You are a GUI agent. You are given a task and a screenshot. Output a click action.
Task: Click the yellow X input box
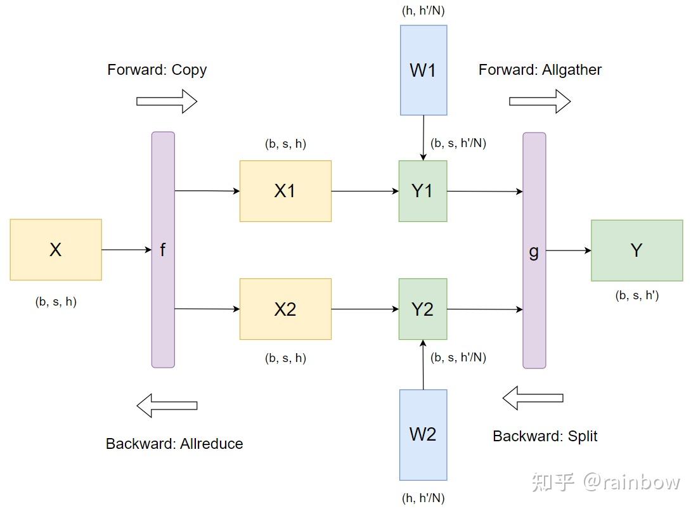pos(56,250)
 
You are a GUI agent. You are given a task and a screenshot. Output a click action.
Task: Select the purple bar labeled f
pos(163,250)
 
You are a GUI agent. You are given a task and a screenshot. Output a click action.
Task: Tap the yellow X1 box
pos(285,191)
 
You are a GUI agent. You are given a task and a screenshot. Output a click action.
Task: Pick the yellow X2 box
pos(285,309)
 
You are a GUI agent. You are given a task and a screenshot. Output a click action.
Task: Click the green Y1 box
pos(423,191)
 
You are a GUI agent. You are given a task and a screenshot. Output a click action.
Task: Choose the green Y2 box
pos(423,309)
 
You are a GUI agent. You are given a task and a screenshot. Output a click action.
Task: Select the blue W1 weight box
pos(423,70)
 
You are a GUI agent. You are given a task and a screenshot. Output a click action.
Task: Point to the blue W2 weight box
pos(423,435)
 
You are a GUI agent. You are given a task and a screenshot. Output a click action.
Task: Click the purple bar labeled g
pos(534,250)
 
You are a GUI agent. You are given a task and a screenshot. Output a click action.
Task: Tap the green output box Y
pos(637,250)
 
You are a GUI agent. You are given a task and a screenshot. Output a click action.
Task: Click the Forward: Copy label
pos(157,70)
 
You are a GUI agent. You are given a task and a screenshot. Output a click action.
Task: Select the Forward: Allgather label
pos(540,70)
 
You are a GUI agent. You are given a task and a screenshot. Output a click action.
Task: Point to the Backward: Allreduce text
pos(174,444)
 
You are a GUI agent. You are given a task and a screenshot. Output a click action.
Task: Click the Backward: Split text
pos(545,436)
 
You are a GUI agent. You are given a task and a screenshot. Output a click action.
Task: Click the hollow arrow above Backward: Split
pos(533,398)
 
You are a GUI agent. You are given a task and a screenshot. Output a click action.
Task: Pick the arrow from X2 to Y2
pos(365,309)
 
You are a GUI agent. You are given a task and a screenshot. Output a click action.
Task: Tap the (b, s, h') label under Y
pos(637,295)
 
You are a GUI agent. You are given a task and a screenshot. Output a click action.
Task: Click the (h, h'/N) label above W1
pos(427,11)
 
